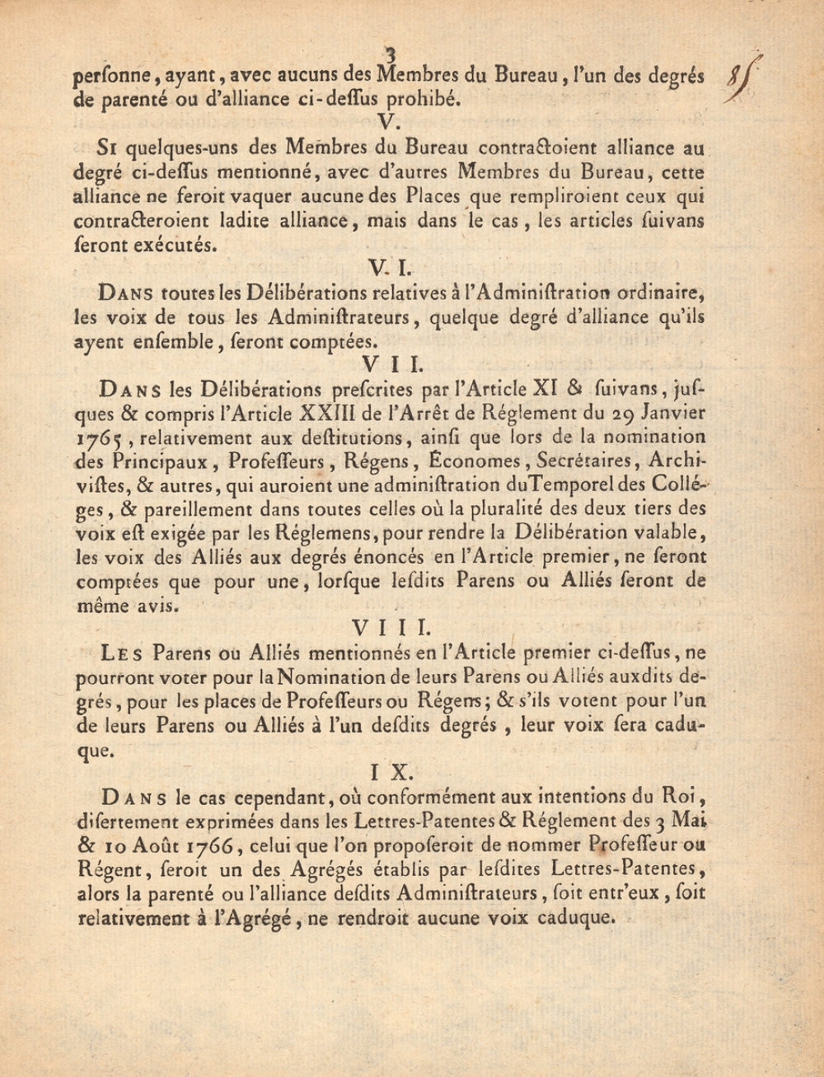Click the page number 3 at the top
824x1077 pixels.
pyautogui.click(x=391, y=55)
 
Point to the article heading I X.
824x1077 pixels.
pyautogui.click(x=391, y=772)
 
